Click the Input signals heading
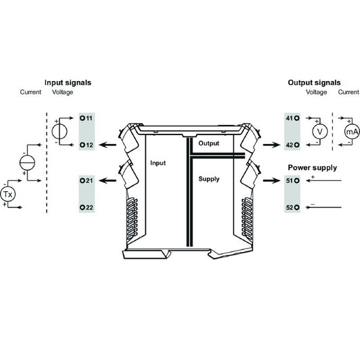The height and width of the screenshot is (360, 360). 68,82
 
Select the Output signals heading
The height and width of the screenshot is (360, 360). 315,82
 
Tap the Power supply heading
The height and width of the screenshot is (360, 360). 312,168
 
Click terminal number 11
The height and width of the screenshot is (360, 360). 86,118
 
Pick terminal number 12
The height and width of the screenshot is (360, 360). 86,145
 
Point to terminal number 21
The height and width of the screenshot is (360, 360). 86,181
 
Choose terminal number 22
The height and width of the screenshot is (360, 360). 86,207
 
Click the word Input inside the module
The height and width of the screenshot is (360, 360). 157,163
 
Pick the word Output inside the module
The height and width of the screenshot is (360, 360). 209,143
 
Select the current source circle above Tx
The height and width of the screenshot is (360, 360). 26,162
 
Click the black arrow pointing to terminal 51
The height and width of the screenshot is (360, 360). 272,181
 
